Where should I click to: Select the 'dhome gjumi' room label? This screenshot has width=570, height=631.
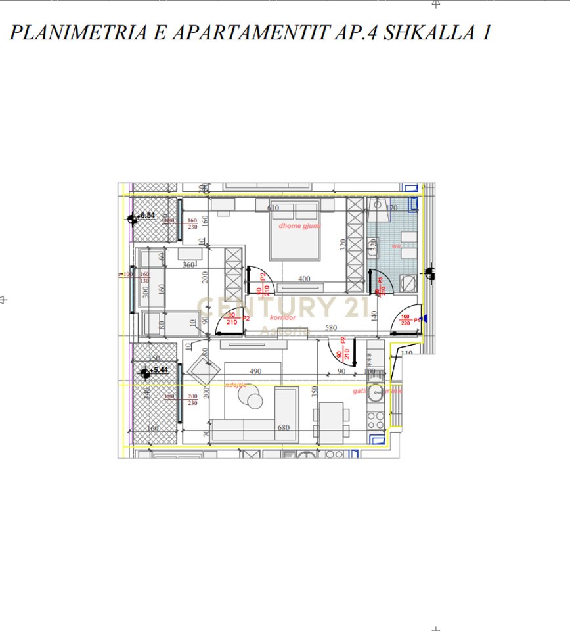[x=299, y=225]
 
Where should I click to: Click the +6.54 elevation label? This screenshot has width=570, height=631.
[x=146, y=216]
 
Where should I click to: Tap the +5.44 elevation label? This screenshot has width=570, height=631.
[x=159, y=371]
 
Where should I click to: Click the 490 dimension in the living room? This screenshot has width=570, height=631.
[x=255, y=371]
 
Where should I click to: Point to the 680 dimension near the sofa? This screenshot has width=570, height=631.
[x=284, y=427]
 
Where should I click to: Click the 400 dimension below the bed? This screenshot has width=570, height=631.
[x=304, y=279]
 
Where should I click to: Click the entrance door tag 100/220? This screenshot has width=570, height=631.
[x=405, y=319]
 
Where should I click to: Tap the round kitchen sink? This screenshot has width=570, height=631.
[x=376, y=393]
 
